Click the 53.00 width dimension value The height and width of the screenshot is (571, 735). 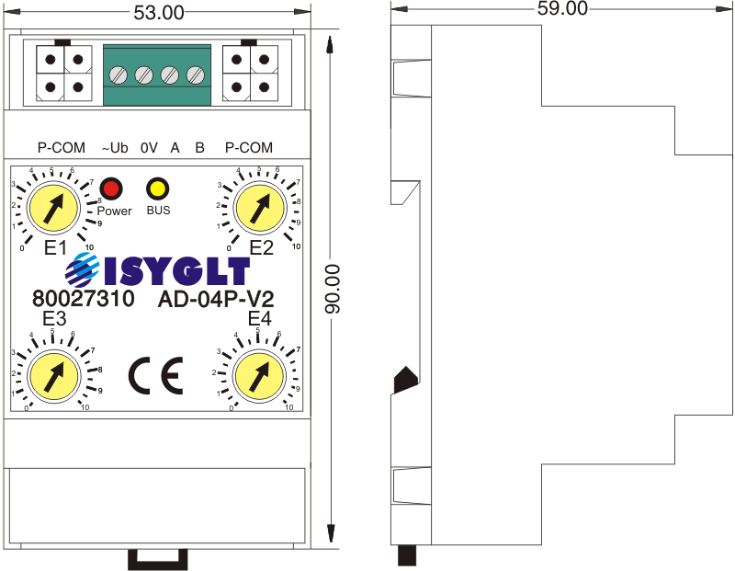(159, 12)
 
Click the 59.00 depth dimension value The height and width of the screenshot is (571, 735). (562, 8)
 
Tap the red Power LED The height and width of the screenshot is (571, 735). (111, 189)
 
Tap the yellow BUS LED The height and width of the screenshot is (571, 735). (157, 189)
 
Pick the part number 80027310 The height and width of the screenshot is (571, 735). (83, 300)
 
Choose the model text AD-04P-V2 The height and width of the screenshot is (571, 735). (218, 300)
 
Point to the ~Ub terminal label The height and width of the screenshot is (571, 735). (114, 148)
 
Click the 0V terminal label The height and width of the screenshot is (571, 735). (149, 148)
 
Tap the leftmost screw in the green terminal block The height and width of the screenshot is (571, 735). (119, 74)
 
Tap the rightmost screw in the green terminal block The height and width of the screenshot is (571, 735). (195, 74)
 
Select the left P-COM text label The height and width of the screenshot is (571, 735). (61, 148)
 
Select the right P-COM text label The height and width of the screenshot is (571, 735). (248, 148)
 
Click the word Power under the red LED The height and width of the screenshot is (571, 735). (115, 211)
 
